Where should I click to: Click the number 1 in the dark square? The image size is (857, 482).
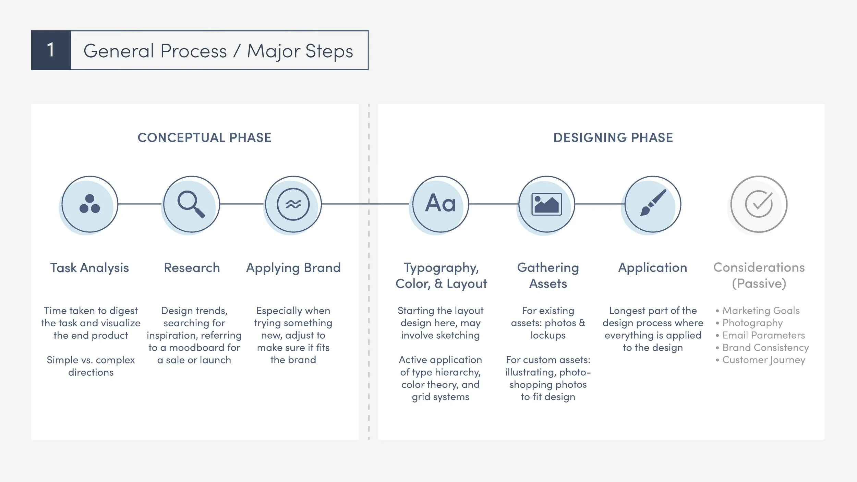click(x=51, y=50)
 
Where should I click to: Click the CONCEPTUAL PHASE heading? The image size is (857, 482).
click(x=204, y=138)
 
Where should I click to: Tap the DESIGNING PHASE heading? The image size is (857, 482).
click(x=613, y=138)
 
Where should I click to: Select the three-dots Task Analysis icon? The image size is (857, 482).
click(x=89, y=204)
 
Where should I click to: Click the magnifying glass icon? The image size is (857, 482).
click(x=191, y=204)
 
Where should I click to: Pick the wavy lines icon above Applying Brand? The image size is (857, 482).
click(x=293, y=204)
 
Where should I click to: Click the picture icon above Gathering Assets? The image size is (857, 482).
click(x=546, y=204)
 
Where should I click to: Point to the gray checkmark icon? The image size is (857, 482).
click(x=759, y=204)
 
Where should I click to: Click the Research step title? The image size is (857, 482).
click(x=192, y=268)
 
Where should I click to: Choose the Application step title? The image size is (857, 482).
click(x=653, y=268)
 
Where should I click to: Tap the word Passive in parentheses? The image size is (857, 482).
click(x=759, y=284)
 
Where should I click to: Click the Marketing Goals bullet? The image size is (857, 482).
click(x=761, y=311)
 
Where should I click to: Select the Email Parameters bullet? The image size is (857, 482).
click(x=763, y=335)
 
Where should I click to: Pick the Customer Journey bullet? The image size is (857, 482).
click(x=763, y=360)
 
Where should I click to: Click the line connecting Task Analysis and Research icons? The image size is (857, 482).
click(x=140, y=204)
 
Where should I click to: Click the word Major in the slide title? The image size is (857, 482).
click(x=274, y=51)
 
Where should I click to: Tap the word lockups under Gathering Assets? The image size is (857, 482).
click(x=548, y=335)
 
